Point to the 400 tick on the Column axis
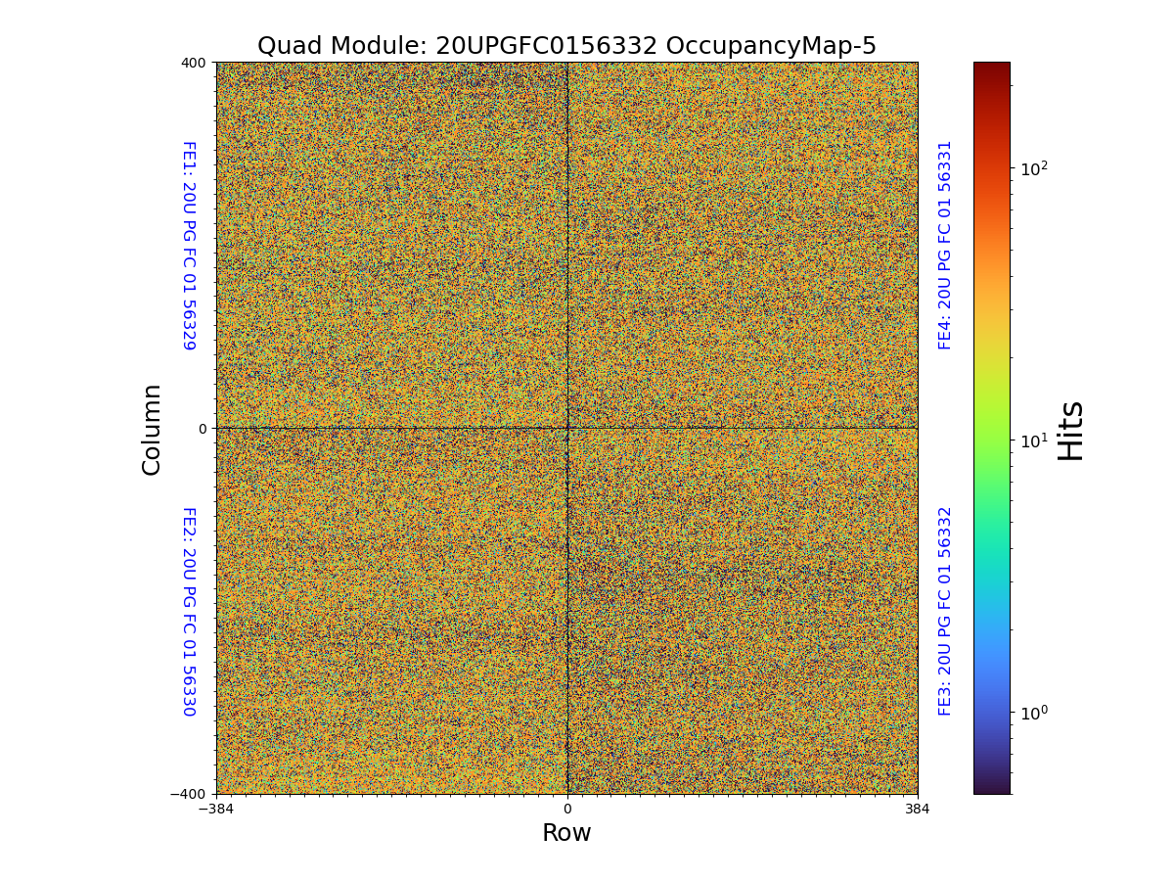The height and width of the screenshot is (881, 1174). (x=194, y=63)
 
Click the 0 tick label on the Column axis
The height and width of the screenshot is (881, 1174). (x=203, y=429)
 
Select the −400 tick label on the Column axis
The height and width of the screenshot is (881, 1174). (x=189, y=794)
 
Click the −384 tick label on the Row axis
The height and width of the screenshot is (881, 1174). (x=216, y=809)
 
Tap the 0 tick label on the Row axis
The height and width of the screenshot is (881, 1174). (x=567, y=809)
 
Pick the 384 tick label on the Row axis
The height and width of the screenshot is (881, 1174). (x=918, y=809)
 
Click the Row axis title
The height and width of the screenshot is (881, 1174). (x=567, y=833)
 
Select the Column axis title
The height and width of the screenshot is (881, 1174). (x=152, y=429)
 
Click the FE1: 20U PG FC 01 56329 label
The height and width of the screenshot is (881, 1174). (x=189, y=246)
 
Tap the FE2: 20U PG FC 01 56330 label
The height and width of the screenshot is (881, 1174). (x=189, y=611)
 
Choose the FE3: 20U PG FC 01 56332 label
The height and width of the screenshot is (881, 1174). (x=945, y=611)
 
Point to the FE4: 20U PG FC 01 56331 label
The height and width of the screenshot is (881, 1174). (x=945, y=245)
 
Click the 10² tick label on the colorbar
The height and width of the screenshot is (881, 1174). (x=1034, y=169)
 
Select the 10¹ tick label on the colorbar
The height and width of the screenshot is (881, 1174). (x=1034, y=440)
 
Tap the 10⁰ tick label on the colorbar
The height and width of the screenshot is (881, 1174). (x=1034, y=712)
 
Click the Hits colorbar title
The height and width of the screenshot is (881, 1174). (x=1071, y=430)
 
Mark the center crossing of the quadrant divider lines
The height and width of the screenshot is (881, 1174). (x=567, y=428)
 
